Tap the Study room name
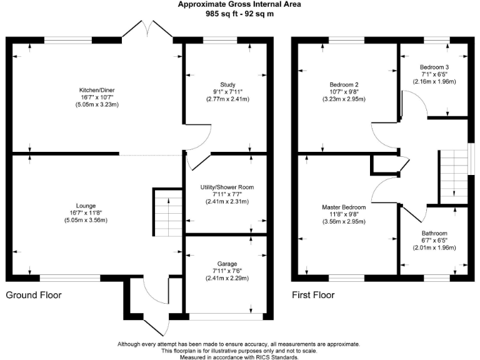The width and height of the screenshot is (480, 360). tap(227, 84)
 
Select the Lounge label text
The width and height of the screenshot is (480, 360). tap(86, 205)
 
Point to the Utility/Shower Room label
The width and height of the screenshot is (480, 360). tap(227, 187)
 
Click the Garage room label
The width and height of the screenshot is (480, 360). tap(227, 263)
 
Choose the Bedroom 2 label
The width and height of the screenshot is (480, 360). tap(344, 84)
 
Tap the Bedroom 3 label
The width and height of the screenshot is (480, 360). tap(434, 67)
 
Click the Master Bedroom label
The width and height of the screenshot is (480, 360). tap(344, 207)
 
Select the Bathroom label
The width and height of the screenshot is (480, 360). tap(434, 233)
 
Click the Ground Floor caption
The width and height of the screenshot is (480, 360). tap(34, 295)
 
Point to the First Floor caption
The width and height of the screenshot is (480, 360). tap(313, 295)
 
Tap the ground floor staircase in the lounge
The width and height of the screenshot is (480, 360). tap(166, 212)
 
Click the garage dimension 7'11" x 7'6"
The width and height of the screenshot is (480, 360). tap(227, 271)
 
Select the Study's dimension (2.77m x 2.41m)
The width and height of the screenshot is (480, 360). tap(227, 99)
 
